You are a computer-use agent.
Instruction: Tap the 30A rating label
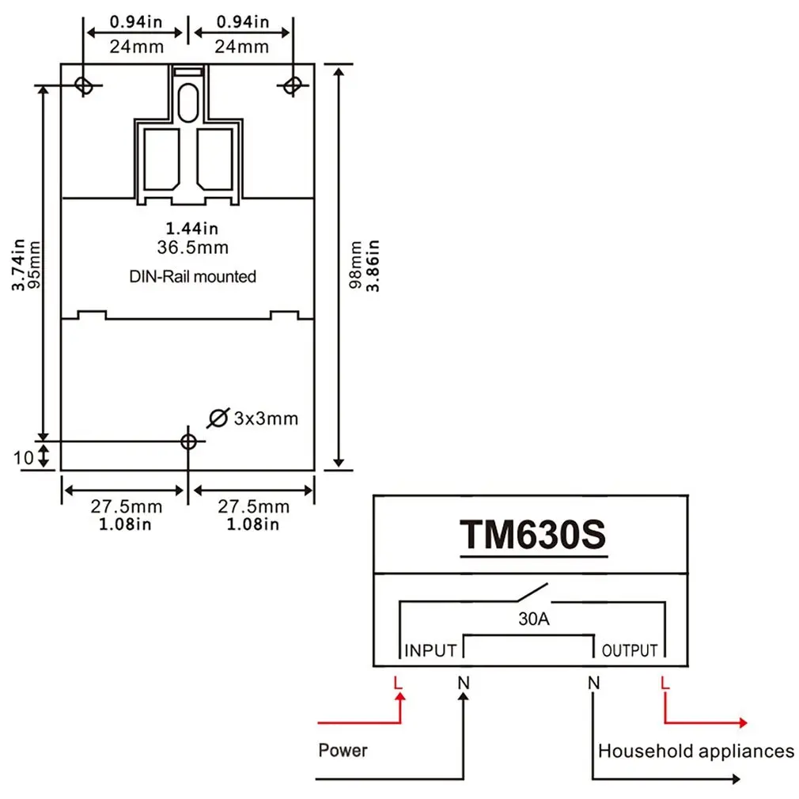pyautogui.click(x=533, y=619)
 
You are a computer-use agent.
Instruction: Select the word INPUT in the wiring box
pyautogui.click(x=430, y=651)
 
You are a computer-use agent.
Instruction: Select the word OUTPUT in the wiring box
pyautogui.click(x=630, y=651)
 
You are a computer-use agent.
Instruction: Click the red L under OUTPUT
pyautogui.click(x=665, y=681)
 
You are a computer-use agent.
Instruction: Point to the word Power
pyautogui.click(x=343, y=749)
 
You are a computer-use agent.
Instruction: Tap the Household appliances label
pyautogui.click(x=696, y=751)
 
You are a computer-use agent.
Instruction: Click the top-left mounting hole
pyautogui.click(x=82, y=84)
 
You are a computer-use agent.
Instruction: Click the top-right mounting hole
pyautogui.click(x=293, y=84)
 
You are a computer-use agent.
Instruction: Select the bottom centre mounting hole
pyautogui.click(x=187, y=441)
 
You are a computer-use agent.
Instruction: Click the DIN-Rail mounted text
pyautogui.click(x=192, y=277)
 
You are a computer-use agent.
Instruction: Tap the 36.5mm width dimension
pyautogui.click(x=192, y=248)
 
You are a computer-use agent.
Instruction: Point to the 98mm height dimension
pyautogui.click(x=357, y=265)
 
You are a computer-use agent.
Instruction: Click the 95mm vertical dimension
pyautogui.click(x=33, y=265)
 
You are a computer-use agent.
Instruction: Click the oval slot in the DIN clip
pyautogui.click(x=187, y=102)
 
